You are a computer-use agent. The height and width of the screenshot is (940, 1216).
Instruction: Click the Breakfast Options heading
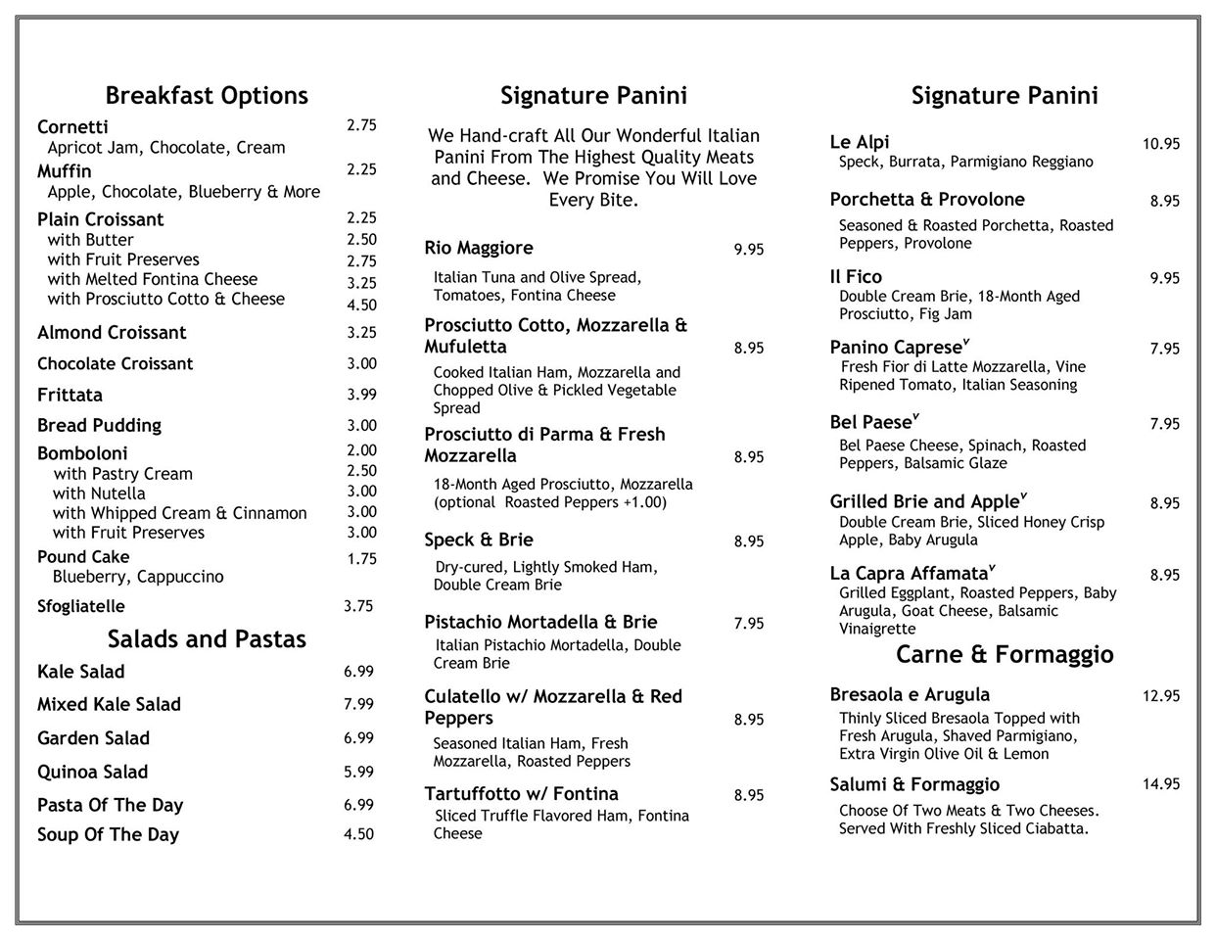point(207,96)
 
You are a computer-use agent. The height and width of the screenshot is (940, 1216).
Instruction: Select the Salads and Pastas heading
point(207,639)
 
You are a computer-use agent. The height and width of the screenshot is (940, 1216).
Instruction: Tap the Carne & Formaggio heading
point(1005,654)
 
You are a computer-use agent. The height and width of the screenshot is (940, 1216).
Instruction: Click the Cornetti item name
point(72,127)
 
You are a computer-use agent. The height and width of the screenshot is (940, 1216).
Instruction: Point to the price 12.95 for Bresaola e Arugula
point(1160,696)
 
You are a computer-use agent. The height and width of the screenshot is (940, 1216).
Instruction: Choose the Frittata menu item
point(70,396)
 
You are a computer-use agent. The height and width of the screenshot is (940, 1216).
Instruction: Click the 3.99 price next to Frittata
point(361,394)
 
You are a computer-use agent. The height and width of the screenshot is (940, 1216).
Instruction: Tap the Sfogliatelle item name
point(81,606)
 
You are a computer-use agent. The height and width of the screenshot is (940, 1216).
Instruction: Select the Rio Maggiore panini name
point(479,248)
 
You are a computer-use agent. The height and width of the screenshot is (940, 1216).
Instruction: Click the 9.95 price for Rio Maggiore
point(749,250)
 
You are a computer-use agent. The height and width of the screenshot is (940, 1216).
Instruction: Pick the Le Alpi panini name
point(860,142)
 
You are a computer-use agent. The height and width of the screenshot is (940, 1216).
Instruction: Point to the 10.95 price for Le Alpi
point(1161,144)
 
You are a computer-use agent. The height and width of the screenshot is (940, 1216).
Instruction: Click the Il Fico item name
point(856,277)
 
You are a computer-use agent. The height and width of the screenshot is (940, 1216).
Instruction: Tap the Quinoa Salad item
point(93,772)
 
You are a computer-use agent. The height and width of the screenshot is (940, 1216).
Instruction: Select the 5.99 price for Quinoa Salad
point(358,772)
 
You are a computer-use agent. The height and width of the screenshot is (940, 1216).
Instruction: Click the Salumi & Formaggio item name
point(914,784)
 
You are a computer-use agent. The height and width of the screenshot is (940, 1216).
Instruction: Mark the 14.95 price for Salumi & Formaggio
point(1160,783)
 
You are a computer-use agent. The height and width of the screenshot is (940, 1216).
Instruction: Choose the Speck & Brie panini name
point(479,540)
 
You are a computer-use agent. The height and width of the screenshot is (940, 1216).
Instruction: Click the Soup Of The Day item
point(108,835)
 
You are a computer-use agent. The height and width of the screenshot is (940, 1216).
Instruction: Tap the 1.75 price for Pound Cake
point(361,558)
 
